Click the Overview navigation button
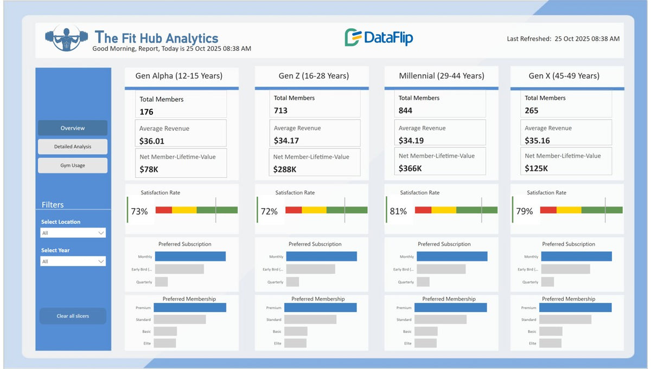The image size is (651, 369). (x=73, y=128)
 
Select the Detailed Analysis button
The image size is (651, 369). (x=73, y=147)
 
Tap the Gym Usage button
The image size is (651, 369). (x=73, y=165)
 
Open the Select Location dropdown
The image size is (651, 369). (x=73, y=233)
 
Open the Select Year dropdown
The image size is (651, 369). (x=73, y=261)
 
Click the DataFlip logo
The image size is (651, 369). (x=379, y=37)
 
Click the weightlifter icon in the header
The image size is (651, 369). (x=66, y=38)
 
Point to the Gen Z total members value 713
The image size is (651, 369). (x=281, y=111)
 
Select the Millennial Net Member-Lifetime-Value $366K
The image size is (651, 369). (x=410, y=169)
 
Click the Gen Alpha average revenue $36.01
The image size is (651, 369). (x=152, y=141)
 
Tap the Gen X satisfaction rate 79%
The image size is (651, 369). (x=525, y=211)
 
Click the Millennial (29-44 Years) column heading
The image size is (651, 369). (x=441, y=76)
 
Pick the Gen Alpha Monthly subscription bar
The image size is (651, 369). (x=190, y=256)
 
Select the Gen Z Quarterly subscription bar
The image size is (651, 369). (x=292, y=282)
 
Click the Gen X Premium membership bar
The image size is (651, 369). (x=576, y=307)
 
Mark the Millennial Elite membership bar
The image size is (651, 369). (x=426, y=343)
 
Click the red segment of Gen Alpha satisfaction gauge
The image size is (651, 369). (x=163, y=210)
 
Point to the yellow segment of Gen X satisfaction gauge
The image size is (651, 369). (x=569, y=210)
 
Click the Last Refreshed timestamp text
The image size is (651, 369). (x=563, y=39)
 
